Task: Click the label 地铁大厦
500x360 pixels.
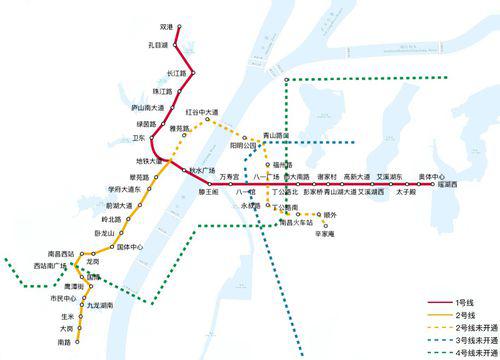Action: tap(147, 160)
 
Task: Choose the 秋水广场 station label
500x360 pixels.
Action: tap(202, 169)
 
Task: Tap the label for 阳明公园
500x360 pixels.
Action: tap(243, 144)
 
